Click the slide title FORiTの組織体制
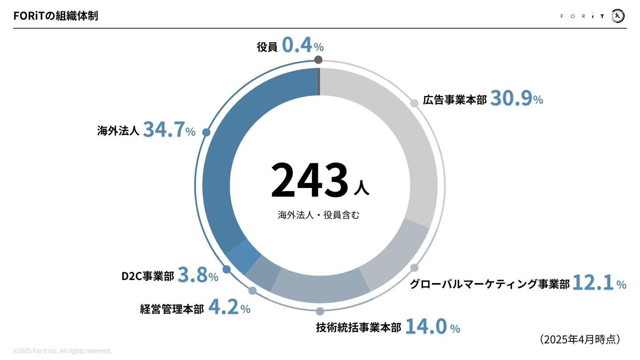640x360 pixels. [56, 16]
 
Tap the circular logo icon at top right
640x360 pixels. [618, 16]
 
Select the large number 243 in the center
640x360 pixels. [309, 180]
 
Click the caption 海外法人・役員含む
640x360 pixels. [318, 215]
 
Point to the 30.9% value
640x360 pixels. [516, 99]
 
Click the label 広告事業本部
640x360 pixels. [455, 100]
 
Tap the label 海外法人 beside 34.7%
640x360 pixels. [118, 131]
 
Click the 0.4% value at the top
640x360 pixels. [303, 46]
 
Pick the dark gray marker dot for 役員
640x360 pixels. [318, 60]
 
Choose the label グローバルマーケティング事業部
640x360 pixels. [489, 284]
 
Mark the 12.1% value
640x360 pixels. [599, 283]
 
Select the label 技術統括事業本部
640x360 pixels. [358, 328]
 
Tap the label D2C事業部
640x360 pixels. [148, 276]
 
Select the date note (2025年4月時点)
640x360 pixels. [580, 339]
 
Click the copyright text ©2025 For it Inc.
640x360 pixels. [62, 351]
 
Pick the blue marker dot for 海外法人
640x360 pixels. [206, 132]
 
